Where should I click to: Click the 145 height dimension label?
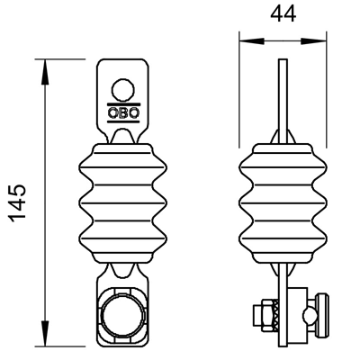click(18, 203)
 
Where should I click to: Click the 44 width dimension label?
click(283, 13)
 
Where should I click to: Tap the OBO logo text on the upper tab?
click(123, 112)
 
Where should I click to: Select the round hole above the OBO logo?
click(122, 90)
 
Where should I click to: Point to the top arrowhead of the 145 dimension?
click(45, 71)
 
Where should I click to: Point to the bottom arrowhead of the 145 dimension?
click(45, 334)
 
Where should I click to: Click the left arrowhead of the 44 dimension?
click(252, 41)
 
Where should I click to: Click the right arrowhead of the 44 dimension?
click(313, 41)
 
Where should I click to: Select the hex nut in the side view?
click(267, 315)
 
